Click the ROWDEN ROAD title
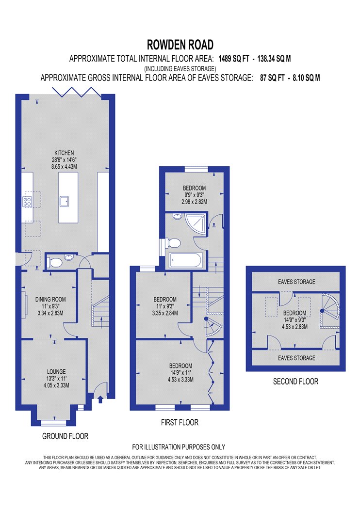(180, 45)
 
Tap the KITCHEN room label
(64, 153)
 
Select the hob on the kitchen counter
(27, 202)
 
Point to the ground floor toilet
(54, 262)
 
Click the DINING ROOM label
(50, 299)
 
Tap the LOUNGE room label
(56, 371)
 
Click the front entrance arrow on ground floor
(100, 398)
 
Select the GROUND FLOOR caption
(65, 436)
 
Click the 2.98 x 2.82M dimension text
(194, 202)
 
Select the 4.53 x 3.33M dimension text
(180, 379)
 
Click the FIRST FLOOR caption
(180, 422)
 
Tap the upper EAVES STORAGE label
(296, 282)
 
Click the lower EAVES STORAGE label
(296, 358)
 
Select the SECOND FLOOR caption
(295, 382)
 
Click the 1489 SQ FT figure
(233, 59)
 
